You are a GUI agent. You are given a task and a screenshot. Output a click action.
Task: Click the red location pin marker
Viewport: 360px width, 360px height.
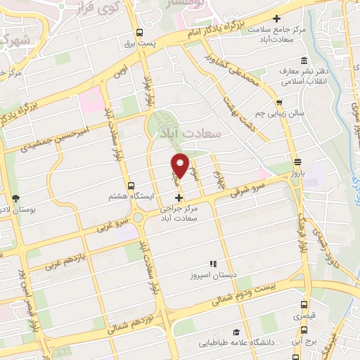pos(181,166)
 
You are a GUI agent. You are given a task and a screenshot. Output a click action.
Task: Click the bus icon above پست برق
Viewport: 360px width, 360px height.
pos(139,32)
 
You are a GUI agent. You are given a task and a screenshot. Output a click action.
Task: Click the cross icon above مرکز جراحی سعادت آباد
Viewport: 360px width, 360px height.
pos(179,198)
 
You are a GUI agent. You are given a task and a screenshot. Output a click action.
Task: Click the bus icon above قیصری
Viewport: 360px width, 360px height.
pos(304,306)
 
